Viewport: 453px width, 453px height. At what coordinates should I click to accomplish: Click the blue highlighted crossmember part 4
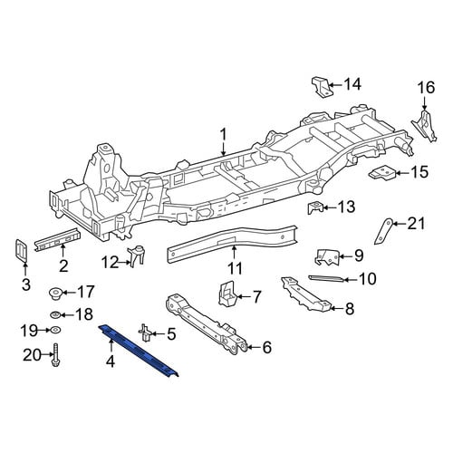coord(139,351)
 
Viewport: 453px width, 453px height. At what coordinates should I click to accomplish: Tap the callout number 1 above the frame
coord(223,135)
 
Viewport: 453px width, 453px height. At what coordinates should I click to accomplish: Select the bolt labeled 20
coord(55,355)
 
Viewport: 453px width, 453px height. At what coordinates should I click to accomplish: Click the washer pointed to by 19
coord(55,330)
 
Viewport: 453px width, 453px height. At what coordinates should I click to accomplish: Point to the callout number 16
coord(426,88)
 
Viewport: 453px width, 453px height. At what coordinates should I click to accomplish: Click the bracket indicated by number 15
coord(382,173)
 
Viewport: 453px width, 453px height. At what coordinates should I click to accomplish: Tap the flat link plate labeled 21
coord(383,231)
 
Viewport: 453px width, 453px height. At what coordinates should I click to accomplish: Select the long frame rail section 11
coord(233,244)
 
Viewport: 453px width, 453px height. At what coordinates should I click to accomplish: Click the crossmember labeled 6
coord(207,323)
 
